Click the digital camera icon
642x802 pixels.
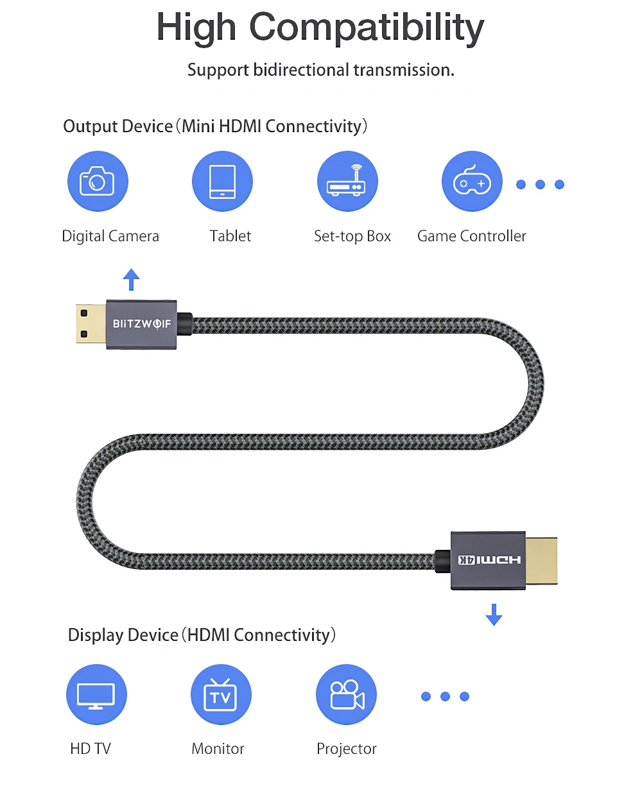[x=98, y=181]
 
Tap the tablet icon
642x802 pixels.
[x=222, y=181]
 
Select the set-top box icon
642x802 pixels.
[x=347, y=181]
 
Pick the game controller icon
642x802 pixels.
[x=472, y=181]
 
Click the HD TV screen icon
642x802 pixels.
[x=96, y=694]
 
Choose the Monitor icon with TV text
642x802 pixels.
[x=221, y=694]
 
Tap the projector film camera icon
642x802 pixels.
[x=346, y=694]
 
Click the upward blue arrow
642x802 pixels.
[x=132, y=280]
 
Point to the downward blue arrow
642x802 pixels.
[x=494, y=615]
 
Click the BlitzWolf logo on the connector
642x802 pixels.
[x=142, y=323]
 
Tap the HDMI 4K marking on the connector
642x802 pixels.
[x=489, y=559]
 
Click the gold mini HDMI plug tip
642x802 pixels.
[x=91, y=323]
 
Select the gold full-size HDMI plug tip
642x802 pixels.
[x=541, y=560]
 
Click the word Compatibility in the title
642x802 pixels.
[x=367, y=28]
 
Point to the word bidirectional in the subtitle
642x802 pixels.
[x=301, y=70]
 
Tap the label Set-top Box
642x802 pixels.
[x=352, y=236]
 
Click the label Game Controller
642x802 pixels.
[x=471, y=236]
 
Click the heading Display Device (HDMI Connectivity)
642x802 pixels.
[x=202, y=635]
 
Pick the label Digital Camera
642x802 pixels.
[x=110, y=236]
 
